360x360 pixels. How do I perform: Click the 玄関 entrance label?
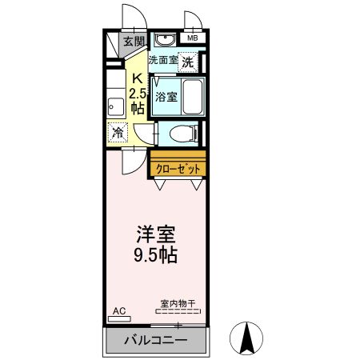click(x=134, y=42)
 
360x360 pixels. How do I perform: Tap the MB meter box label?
click(x=192, y=38)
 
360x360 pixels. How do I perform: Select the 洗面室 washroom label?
click(x=163, y=60)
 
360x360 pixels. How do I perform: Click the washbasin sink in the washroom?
click(x=166, y=41)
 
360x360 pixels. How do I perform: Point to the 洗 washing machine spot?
click(x=187, y=62)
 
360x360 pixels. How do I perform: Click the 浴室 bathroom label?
click(x=166, y=95)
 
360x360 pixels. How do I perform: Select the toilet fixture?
click(x=179, y=133)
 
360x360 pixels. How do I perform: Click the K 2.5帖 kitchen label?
click(x=138, y=93)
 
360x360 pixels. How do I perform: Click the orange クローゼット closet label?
click(x=177, y=168)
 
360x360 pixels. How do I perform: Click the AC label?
click(x=118, y=310)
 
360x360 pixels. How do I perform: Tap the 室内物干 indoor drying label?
click(x=178, y=303)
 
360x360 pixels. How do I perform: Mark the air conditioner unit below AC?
click(x=118, y=318)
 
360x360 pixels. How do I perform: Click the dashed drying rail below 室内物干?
click(x=178, y=310)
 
